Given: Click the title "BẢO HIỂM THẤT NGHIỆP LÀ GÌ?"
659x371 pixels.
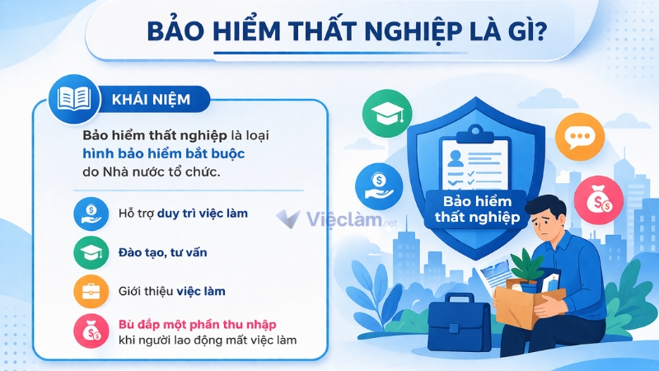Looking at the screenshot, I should point(350,32).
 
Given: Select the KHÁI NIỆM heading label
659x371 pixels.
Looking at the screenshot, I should point(150,100).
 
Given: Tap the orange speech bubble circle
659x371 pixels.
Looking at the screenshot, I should point(580,135).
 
